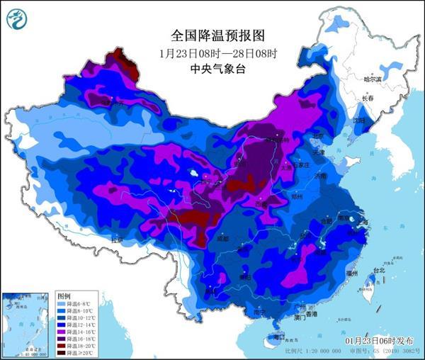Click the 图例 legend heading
[64, 296]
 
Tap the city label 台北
[378, 271]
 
